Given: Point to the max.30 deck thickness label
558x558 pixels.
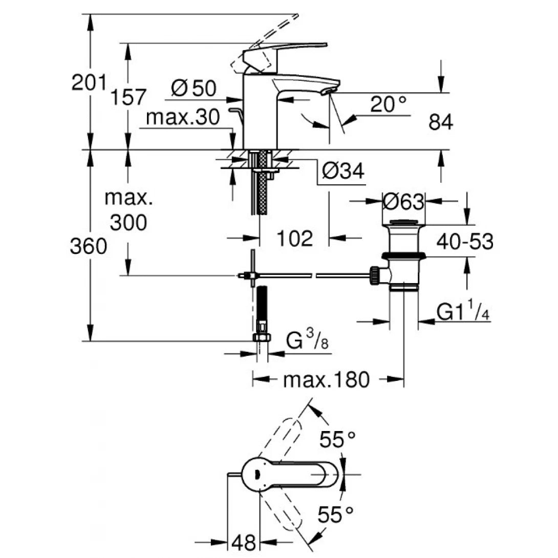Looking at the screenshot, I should coord(183,118).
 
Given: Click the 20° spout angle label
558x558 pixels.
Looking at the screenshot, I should coord(388,105).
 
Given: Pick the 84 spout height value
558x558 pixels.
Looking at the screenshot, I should coord(441,122).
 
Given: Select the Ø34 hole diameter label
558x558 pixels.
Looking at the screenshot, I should coord(343,170).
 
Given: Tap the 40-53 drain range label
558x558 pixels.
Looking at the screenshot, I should coord(465,242).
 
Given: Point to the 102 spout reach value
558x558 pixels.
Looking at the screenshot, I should coord(294,238).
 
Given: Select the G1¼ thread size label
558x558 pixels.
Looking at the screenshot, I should coord(463,311).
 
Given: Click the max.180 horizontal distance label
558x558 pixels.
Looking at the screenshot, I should coord(326,380).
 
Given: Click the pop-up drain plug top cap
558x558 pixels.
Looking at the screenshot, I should coord(404,222).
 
